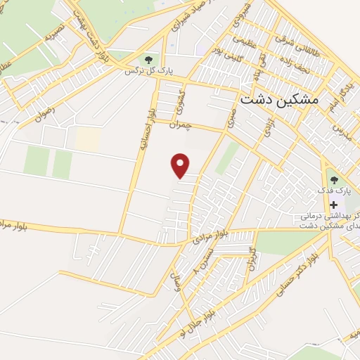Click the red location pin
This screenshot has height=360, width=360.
coord(181,165)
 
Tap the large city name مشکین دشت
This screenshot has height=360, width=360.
coord(279,99)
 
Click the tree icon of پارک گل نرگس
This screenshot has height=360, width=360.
coord(148,59)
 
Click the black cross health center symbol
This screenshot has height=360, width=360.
coord(333,204)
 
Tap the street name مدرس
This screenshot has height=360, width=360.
coord(339,131)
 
